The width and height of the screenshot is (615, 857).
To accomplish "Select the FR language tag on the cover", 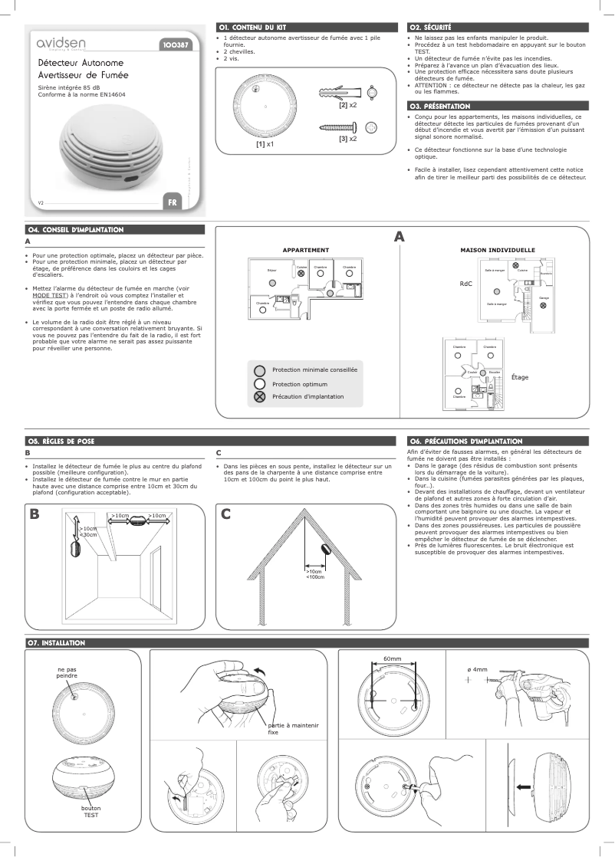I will coord(172,202).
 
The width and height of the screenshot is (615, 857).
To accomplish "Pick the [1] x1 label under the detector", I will coord(265,143).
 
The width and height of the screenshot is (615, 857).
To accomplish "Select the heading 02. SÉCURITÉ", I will coord(431,28).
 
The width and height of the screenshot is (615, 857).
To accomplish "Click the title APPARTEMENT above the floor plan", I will coord(306,251).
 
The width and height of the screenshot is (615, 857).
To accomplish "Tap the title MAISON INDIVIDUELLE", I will coord(497,251).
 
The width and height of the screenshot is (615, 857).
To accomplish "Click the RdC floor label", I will coord(465,284).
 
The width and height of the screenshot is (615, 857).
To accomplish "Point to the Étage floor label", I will coord(520,377).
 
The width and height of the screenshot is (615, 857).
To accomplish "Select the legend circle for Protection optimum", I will coord(260,384).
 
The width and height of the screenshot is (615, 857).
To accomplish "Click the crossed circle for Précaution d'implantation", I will coord(260,396).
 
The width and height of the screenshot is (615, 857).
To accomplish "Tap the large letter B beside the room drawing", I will coord(34,514).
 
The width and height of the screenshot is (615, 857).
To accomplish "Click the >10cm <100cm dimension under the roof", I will coord(315,574).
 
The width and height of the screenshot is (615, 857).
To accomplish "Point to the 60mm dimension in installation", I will coord(392,659).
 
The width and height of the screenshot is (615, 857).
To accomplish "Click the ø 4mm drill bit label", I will coord(478,669).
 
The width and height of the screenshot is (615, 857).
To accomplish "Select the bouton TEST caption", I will coord(91,811).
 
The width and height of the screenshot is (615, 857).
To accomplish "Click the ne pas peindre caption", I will coord(67,672).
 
